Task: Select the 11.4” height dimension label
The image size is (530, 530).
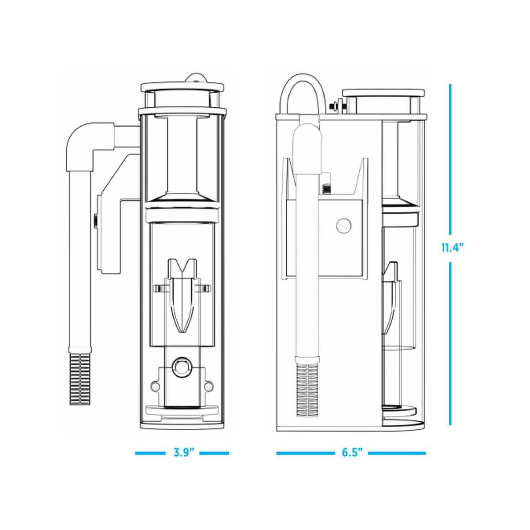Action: pos(452,247)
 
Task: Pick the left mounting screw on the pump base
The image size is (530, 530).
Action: pos(155,387)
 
